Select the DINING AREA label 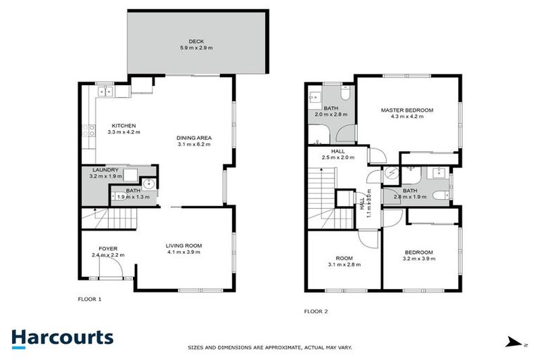(194, 137)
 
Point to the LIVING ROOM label (184, 245)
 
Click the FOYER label (108, 248)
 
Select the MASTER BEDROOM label (406, 110)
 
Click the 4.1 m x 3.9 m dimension (184, 252)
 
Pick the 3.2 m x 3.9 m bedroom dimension (418, 259)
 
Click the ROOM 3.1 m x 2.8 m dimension (343, 264)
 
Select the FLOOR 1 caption (89, 299)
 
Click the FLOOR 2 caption (316, 311)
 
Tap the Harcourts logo (62, 337)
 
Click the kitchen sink (105, 91)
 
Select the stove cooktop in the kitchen (89, 130)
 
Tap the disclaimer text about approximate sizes (270, 347)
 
